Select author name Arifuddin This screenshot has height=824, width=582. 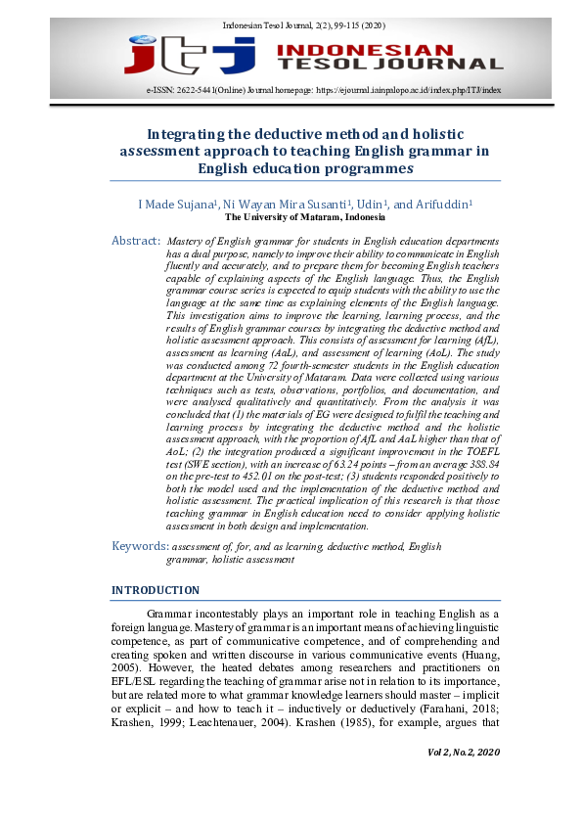[x=442, y=205]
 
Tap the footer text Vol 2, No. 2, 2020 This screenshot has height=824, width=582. [x=463, y=750]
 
